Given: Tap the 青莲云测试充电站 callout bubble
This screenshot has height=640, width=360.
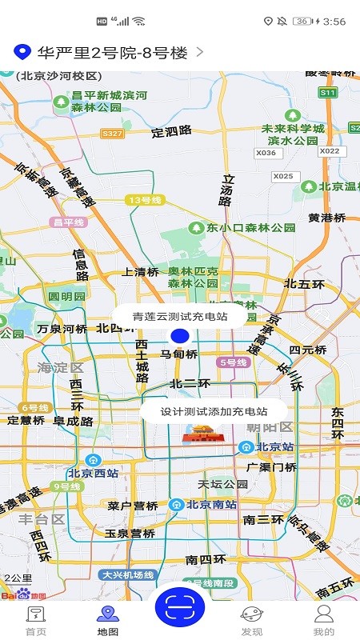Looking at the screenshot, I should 180,316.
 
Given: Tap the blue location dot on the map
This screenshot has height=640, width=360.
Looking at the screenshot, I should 180,336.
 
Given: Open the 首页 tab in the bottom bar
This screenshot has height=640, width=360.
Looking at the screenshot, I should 36,619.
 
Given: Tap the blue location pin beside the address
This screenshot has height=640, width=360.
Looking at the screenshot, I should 22,53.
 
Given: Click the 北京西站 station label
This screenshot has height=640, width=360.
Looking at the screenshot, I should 93,472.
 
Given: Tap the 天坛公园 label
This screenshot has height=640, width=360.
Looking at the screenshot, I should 223,484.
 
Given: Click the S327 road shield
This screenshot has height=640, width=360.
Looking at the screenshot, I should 113,134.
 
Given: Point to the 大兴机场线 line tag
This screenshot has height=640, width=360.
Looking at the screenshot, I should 127,574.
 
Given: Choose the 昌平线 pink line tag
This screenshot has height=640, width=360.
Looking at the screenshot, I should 68,222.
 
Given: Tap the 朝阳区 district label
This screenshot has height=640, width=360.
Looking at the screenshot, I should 269,428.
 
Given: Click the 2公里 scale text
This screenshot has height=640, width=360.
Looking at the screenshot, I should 18,578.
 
